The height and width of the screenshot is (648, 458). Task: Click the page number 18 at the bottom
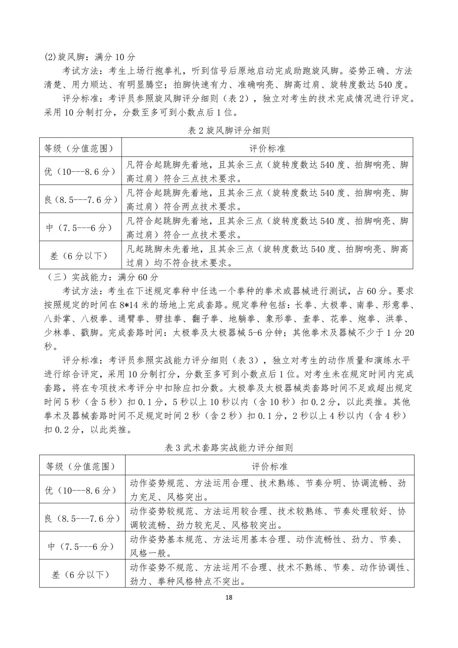click(229, 598)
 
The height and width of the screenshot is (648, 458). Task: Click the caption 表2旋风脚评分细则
click(229, 131)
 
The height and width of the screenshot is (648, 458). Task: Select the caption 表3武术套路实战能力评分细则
click(229, 448)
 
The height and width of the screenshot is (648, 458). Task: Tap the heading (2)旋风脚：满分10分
click(90, 57)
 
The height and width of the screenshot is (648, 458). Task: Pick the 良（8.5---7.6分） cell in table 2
click(80, 199)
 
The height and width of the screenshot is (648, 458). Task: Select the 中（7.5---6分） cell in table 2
click(80, 227)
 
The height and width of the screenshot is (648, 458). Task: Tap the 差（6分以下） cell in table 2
click(80, 255)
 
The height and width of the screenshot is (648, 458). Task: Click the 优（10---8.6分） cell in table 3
click(82, 489)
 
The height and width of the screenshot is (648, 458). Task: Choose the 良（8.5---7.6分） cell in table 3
click(82, 518)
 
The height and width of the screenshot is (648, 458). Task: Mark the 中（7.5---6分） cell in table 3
click(82, 546)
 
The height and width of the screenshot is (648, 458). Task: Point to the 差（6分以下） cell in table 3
click(82, 574)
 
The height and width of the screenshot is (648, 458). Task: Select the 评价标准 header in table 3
click(269, 466)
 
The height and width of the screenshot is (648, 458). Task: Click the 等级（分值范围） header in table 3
click(82, 466)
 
